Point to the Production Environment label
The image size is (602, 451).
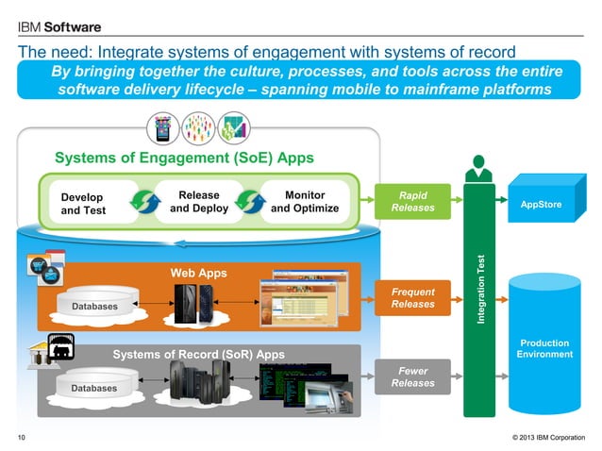pyautogui.click(x=544, y=348)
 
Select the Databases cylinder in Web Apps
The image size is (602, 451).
pyautogui.click(x=93, y=304)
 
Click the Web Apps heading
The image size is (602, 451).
pyautogui.click(x=197, y=273)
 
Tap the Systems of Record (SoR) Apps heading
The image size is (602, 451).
pyautogui.click(x=198, y=355)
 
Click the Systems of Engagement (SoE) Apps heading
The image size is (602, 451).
pyautogui.click(x=184, y=158)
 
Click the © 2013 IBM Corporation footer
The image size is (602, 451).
pyautogui.click(x=547, y=436)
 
